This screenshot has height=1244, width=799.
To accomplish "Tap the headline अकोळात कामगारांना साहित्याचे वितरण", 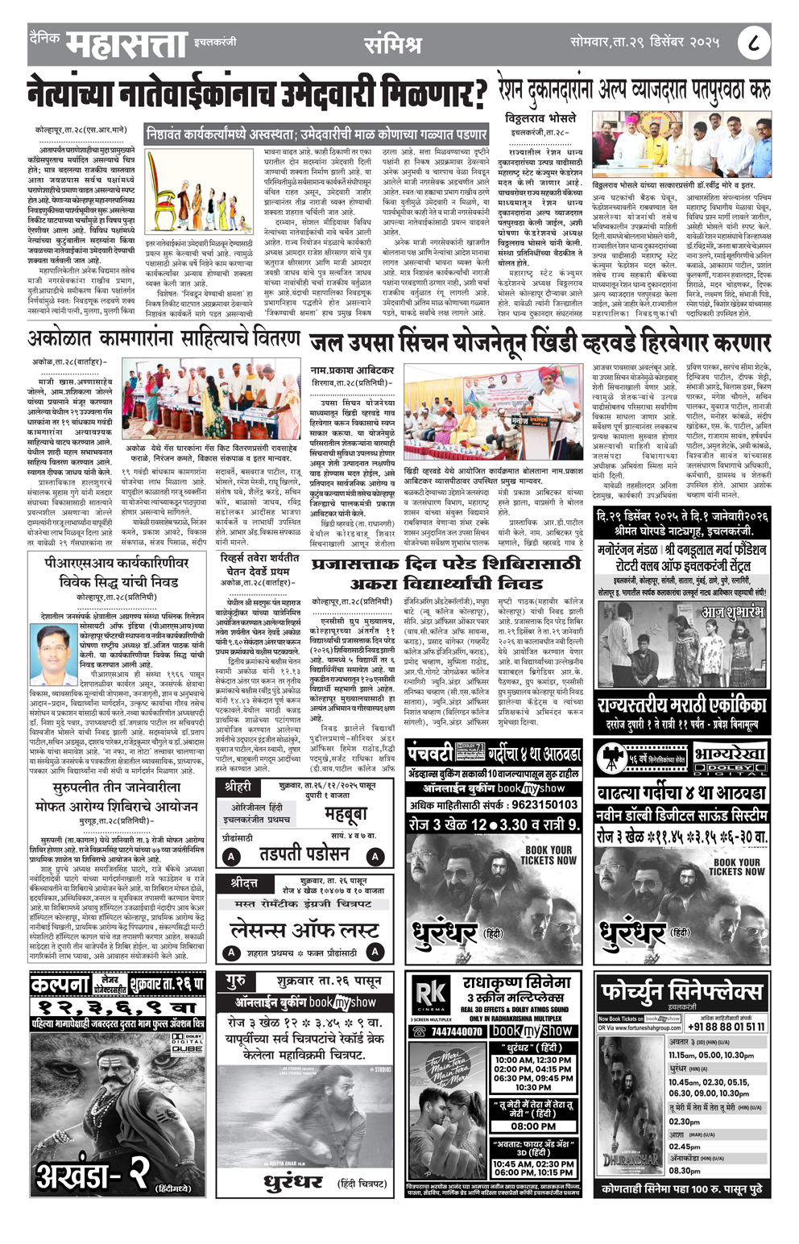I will [x=164, y=338].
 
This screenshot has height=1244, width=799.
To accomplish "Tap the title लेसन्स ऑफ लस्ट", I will [x=304, y=930].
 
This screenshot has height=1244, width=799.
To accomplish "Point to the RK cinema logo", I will [x=431, y=996].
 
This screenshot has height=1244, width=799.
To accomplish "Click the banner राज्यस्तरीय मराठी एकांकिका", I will [x=681, y=706].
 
